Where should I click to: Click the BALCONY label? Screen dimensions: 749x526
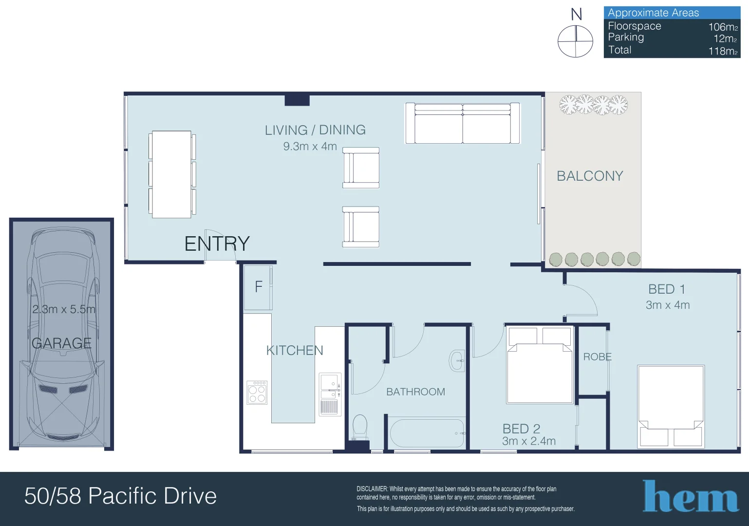coord(590,176)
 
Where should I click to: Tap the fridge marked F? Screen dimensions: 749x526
coord(258,287)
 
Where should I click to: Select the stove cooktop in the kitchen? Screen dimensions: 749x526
coord(257,392)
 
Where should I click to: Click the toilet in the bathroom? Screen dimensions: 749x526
coord(360,427)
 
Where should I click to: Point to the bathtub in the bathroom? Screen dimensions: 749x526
coord(427,433)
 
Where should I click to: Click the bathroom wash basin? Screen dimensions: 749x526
coord(457,361)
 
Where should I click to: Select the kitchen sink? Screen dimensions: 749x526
coord(330,394)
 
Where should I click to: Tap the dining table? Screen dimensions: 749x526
coord(172,174)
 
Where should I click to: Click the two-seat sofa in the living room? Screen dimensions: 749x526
coord(463,123)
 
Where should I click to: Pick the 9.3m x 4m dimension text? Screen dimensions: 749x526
coord(310,147)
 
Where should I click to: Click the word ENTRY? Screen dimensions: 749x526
coord(217,244)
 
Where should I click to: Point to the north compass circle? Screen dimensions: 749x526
coord(575,41)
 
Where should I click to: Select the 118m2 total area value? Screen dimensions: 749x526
coord(723,51)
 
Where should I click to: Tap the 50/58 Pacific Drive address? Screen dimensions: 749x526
coord(120,496)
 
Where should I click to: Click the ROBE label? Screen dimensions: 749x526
coord(597,357)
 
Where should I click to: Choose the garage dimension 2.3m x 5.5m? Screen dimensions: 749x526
coord(64,309)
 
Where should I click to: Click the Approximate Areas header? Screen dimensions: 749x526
coord(654,13)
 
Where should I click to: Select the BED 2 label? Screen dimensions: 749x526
coord(521,429)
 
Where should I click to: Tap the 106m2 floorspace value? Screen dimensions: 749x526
coord(723,27)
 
